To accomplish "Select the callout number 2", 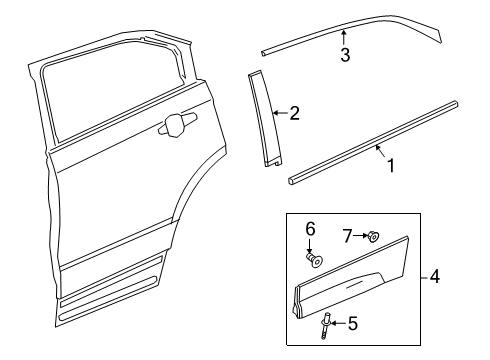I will click(294, 114).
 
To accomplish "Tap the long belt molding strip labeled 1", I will click(370, 140).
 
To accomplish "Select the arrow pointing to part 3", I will click(344, 38).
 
